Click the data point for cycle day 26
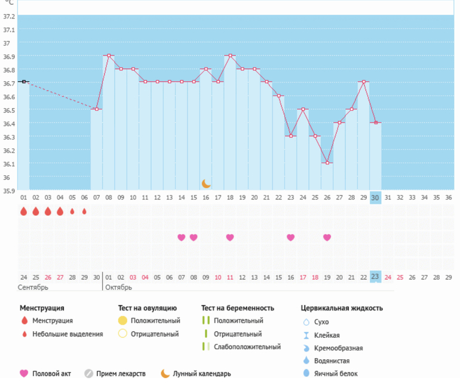327,163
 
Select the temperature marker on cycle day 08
109,56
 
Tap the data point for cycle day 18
230,56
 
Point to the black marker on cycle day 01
24,81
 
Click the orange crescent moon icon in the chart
206,184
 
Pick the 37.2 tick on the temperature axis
9,16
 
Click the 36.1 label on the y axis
9,164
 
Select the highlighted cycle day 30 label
375,197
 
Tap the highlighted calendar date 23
375,277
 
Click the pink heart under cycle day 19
230,237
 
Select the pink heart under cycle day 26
327,237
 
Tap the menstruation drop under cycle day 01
24,211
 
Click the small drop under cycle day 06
84,211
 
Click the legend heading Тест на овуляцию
148,308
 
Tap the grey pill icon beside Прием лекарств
88,374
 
